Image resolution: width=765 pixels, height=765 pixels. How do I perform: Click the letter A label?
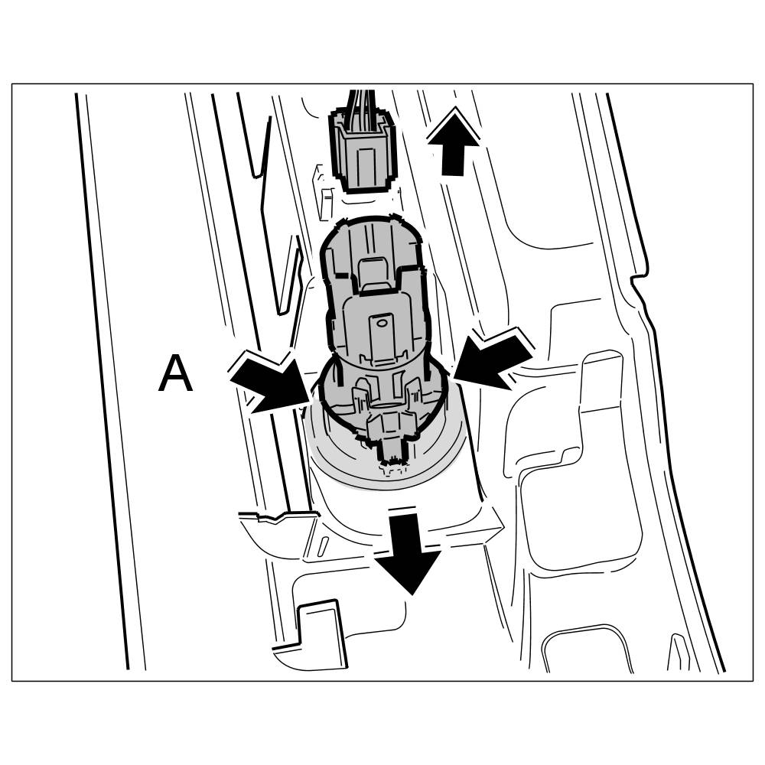pyautogui.click(x=174, y=375)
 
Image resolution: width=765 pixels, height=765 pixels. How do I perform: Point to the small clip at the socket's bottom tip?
pyautogui.click(x=392, y=451)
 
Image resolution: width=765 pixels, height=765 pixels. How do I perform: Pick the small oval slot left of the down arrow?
pyautogui.click(x=324, y=545)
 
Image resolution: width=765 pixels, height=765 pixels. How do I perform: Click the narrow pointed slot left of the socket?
pyautogui.click(x=290, y=275)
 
